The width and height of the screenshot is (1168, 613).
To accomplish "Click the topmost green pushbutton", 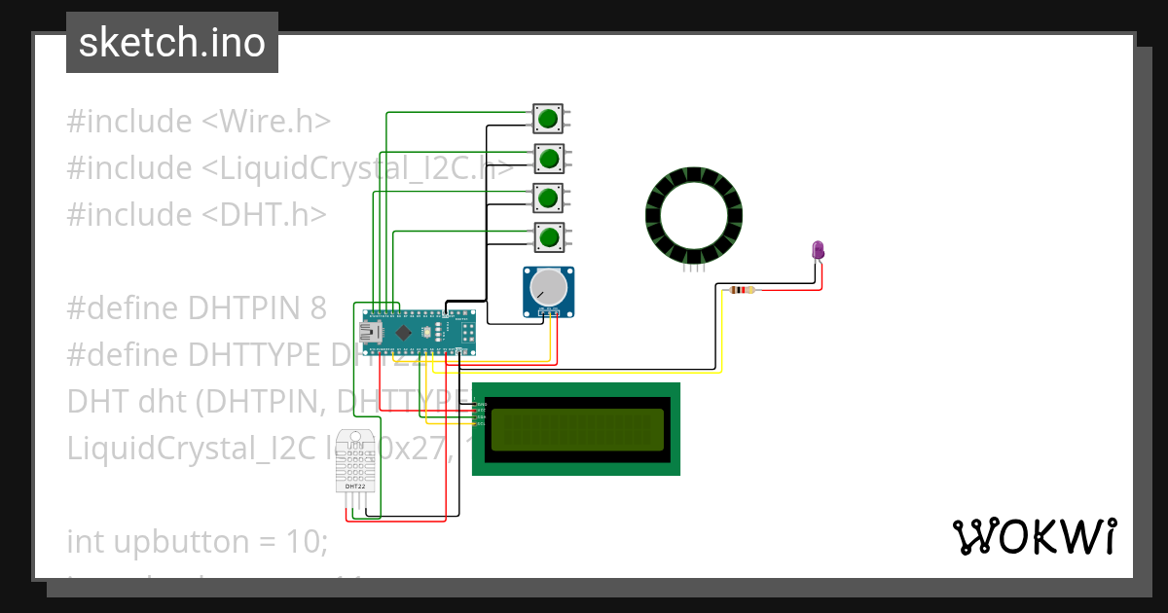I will [x=548, y=119].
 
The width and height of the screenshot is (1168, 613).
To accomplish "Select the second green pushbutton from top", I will [x=549, y=158].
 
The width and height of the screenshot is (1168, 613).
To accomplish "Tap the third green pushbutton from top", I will [x=548, y=197].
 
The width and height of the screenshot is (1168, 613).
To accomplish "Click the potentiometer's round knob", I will [x=548, y=287].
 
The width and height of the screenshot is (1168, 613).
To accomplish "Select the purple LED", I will [x=819, y=250].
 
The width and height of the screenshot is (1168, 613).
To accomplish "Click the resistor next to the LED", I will [x=742, y=289].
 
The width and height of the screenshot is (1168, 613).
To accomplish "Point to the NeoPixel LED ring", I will [x=694, y=214].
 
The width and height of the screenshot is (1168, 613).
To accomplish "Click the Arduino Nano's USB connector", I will [x=371, y=332].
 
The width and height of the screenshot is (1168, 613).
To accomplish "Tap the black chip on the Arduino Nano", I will [x=403, y=332].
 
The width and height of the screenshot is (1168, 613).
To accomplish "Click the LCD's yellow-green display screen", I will [x=578, y=429].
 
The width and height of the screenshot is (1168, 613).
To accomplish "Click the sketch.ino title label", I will [x=172, y=43].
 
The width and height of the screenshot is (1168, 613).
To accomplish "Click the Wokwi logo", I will [x=1034, y=536].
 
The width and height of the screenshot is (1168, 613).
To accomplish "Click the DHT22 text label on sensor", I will [x=355, y=486].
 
